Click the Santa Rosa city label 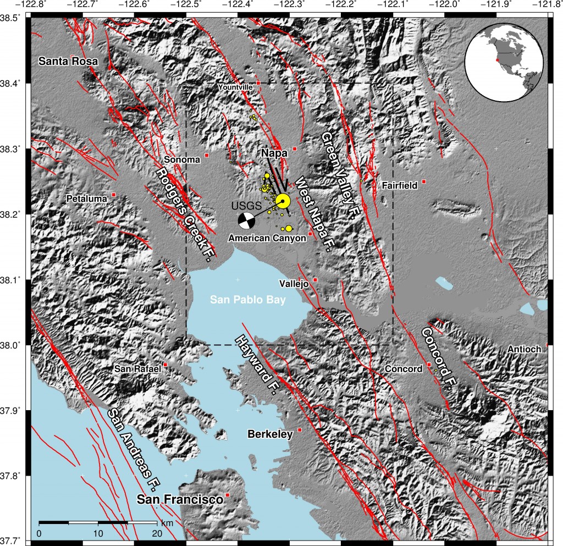[68, 62]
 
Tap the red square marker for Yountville [258, 83]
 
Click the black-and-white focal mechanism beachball [246, 220]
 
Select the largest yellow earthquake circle [283, 201]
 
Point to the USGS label [243, 205]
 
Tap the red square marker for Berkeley [300, 429]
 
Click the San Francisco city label [180, 499]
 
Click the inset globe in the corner [508, 63]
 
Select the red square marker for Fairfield [424, 181]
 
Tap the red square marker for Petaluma [114, 195]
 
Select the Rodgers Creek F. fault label [184, 214]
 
